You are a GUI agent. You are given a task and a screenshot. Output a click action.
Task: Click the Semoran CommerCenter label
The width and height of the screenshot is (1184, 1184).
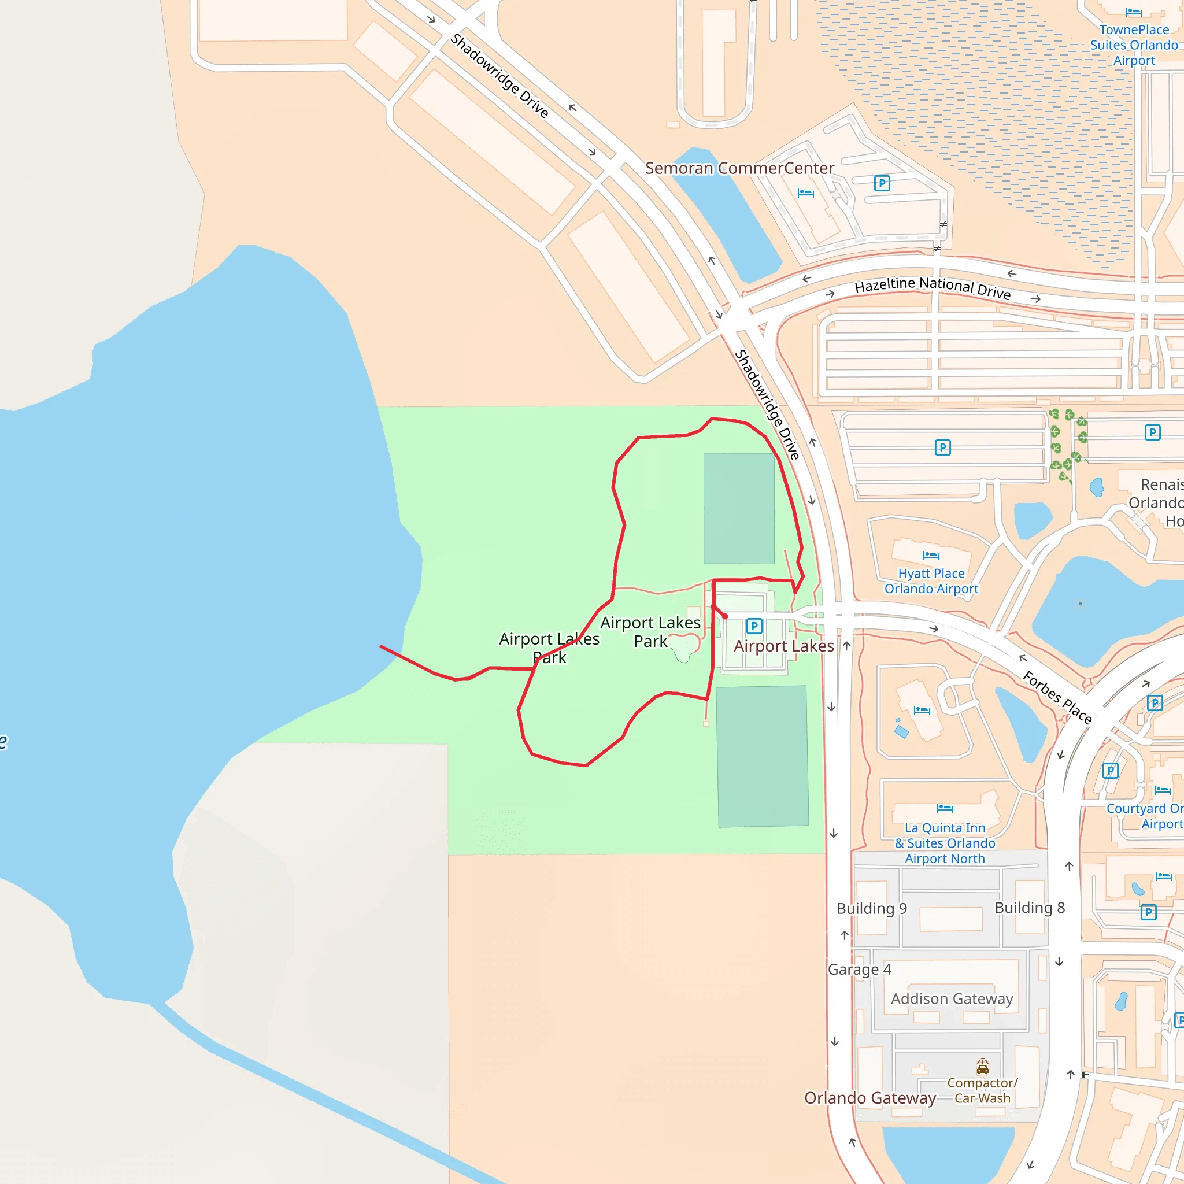click(739, 169)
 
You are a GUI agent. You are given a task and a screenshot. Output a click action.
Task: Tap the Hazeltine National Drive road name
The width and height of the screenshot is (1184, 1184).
click(932, 287)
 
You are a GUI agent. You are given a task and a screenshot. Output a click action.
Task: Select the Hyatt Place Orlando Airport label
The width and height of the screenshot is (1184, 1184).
click(931, 581)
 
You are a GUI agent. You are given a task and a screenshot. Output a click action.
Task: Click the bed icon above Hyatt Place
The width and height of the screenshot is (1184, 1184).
click(931, 556)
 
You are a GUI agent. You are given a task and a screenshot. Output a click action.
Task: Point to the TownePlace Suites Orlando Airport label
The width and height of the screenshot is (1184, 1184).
click(1134, 45)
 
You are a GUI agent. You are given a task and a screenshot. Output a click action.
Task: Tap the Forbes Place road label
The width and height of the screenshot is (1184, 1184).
click(1057, 697)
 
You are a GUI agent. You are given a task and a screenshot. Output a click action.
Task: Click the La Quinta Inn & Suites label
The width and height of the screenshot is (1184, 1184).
click(945, 843)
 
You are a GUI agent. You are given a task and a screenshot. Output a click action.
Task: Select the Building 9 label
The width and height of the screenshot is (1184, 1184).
click(871, 908)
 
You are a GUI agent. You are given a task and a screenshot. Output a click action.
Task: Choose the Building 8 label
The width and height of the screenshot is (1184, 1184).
click(1030, 908)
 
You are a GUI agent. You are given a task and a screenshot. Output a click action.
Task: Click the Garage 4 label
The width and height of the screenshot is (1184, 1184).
click(859, 970)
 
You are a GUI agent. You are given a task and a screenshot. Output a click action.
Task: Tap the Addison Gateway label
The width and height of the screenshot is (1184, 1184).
click(952, 999)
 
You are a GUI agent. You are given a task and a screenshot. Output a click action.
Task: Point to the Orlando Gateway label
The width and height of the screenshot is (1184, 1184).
click(869, 1098)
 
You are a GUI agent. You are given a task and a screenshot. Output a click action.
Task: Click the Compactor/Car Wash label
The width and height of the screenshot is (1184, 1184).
click(982, 1091)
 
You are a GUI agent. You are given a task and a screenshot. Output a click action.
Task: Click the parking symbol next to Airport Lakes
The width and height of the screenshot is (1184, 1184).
click(754, 626)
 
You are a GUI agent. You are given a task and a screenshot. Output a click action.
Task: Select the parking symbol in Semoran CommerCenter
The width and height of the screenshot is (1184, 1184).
click(882, 183)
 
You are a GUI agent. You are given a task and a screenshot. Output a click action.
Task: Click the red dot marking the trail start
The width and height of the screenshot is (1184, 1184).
click(725, 616)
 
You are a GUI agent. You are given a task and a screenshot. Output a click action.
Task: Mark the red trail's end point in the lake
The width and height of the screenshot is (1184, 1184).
click(381, 646)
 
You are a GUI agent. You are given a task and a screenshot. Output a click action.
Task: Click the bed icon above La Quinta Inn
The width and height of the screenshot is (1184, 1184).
click(945, 808)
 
